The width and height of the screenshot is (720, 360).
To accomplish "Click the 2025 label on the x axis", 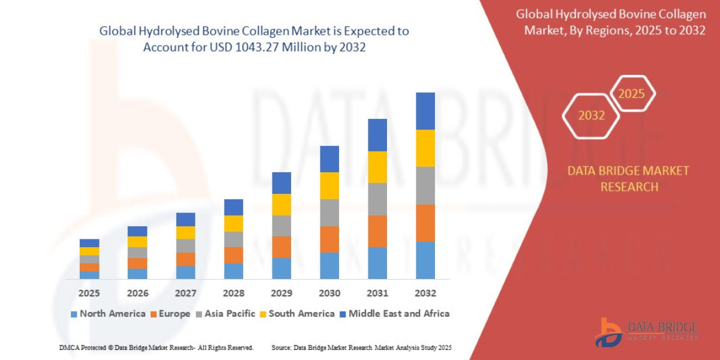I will coord(89,293).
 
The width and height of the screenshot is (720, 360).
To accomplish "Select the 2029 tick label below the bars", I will coord(281,293).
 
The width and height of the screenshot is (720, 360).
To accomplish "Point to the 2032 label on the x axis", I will coord(425,293).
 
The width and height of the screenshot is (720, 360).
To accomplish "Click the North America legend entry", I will coord(108,314).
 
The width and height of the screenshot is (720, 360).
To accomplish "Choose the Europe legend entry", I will coord(170,314).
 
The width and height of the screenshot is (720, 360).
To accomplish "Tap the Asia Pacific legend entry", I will coord(226,314).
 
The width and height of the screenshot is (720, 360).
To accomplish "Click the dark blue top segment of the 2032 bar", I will coord(425,111).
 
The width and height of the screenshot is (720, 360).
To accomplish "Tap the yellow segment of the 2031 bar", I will coord(377,167).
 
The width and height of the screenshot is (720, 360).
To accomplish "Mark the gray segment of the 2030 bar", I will coord(329,212).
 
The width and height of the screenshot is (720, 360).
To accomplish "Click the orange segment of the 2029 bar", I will coord(281,247).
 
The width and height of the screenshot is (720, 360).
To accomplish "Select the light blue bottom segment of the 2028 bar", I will coord(233,271).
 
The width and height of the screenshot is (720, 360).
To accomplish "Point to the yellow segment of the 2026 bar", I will coord(137,242).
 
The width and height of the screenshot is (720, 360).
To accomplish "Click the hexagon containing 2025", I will coord(631,94).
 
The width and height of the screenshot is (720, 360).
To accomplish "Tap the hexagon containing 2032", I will coord(591,116).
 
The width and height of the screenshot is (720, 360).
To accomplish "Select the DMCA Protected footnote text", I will coord(157,347).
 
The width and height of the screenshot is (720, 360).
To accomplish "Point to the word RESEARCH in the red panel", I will coord(629,187).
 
